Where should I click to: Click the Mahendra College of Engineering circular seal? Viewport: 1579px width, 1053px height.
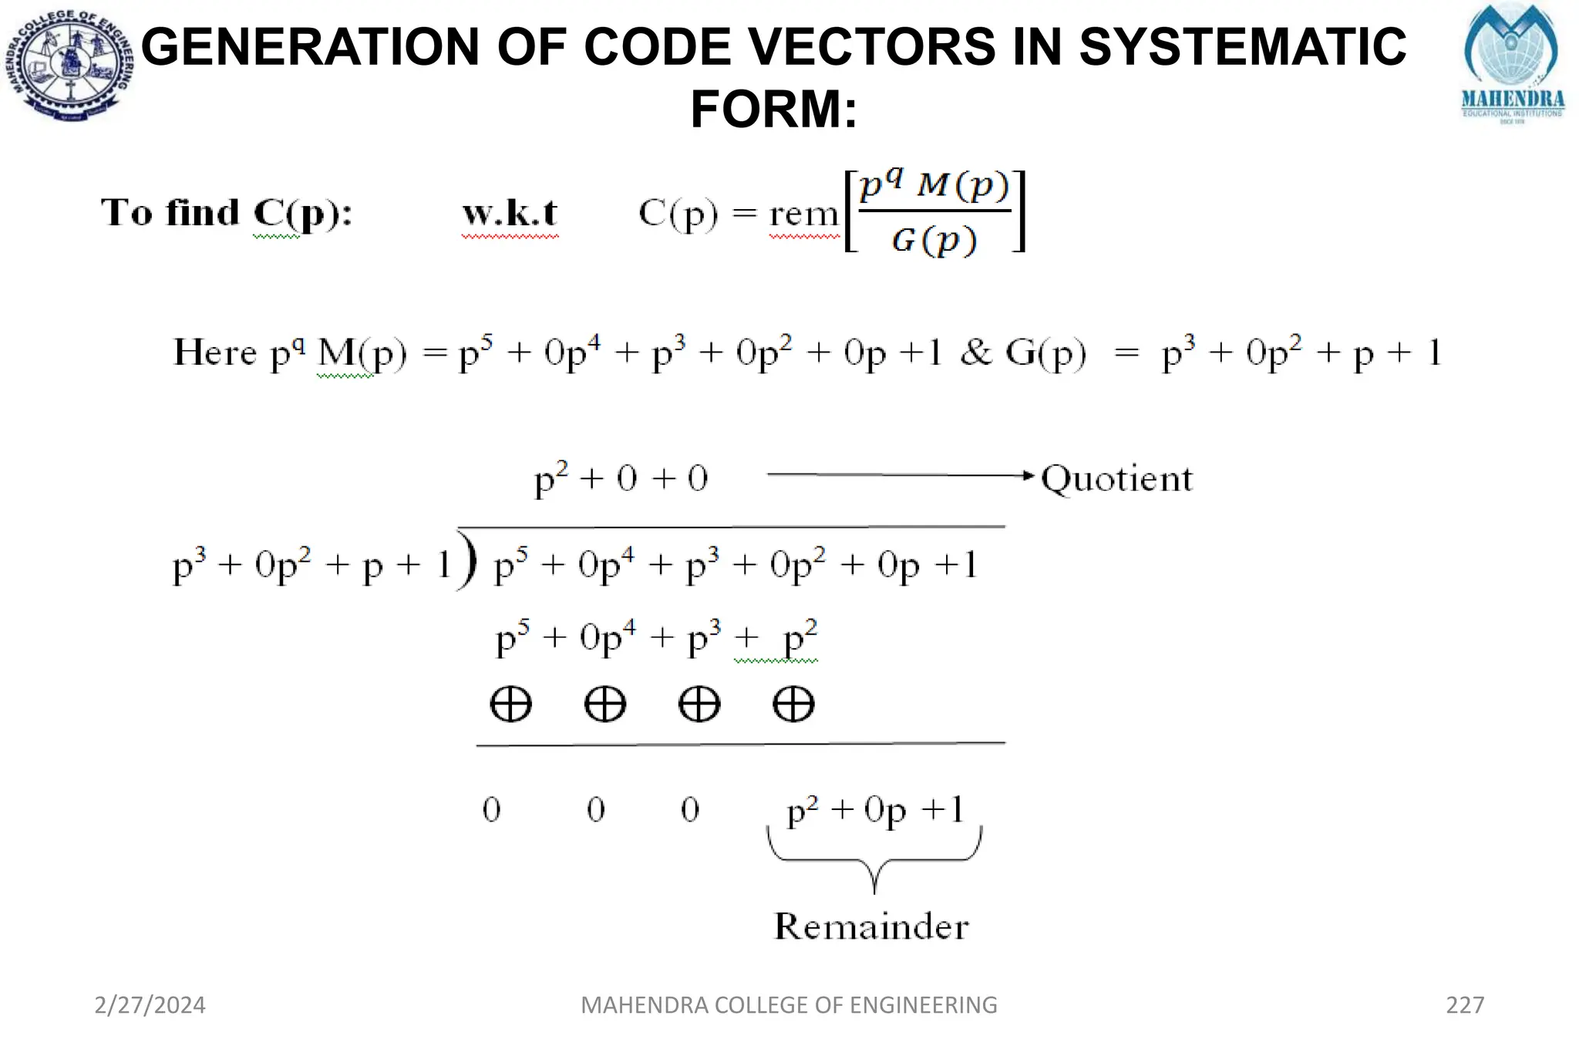pos(71,66)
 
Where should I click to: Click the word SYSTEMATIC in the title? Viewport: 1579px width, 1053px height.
pos(1242,46)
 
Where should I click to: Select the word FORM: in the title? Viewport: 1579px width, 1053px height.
pos(773,109)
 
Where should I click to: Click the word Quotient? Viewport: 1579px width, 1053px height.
pos(1116,479)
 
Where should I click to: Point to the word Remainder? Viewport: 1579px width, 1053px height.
pos(871,926)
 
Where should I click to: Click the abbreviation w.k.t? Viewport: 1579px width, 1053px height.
pos(510,213)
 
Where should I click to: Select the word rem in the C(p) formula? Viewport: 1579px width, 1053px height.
pos(803,214)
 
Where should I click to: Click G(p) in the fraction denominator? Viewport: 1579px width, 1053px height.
pos(934,240)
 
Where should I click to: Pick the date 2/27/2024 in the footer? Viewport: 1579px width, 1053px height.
pos(150,1004)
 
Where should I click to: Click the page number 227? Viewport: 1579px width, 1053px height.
pos(1465,1004)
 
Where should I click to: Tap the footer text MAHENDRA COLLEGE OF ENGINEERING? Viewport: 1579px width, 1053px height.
pos(789,1004)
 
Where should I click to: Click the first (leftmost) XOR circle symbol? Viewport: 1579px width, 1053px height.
pos(510,704)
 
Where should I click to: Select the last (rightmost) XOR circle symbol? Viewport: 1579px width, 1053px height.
pos(793,704)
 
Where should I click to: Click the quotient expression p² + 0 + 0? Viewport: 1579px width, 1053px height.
pos(621,479)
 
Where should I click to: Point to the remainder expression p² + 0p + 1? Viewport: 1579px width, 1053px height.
pos(875,810)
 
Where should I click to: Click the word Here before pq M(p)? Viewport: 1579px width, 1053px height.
pos(215,353)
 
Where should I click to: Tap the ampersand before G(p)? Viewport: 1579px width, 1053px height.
pos(976,353)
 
